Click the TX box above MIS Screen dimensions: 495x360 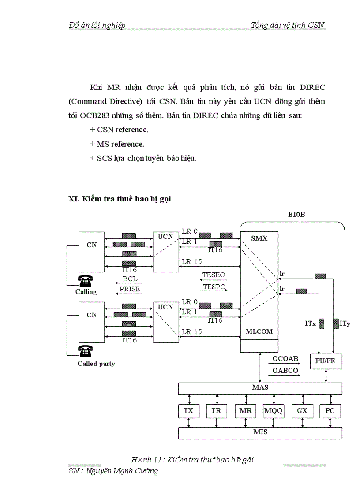coord(188,411)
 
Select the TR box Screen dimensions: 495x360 coord(216,411)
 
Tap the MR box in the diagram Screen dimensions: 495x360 coord(245,411)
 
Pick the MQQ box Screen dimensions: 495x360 coord(274,411)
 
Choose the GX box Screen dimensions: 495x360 coord(302,411)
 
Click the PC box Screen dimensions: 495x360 coord(330,411)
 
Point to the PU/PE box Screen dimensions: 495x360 coord(326,361)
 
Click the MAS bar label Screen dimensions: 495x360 coord(259,387)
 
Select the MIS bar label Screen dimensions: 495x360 coord(260,432)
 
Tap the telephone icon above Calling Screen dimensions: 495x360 coord(85,281)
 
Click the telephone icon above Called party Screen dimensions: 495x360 coord(85,351)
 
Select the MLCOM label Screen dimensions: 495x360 coord(259,331)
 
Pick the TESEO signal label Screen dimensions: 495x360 coord(214,275)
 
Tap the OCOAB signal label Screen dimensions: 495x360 coord(285,359)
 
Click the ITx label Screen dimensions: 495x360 coord(310,324)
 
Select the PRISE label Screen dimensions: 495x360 coord(130,289)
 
